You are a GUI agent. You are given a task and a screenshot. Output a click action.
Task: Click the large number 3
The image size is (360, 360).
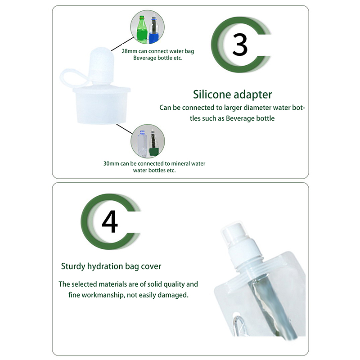tap(240, 45)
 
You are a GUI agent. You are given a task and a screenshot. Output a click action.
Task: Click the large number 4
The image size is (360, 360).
tap(110, 221)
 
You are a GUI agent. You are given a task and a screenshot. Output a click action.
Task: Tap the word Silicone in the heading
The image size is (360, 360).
tap(211, 94)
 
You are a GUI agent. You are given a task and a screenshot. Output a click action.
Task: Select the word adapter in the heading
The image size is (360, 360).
tap(253, 95)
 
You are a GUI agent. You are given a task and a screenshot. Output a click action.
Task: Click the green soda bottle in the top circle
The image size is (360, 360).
tap(142, 29)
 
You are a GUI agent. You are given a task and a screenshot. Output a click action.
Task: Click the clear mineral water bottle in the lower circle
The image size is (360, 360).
tap(142, 143)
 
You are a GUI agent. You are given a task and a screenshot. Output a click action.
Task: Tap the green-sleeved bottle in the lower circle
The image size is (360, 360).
tap(153, 143)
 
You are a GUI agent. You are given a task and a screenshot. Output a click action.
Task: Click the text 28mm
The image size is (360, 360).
tap(129, 51)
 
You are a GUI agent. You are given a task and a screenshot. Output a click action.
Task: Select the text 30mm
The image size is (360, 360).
tap(111, 164)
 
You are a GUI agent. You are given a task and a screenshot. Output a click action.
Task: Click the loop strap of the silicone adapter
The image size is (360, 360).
tap(73, 78)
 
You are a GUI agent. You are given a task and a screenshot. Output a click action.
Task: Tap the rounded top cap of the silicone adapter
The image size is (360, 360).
tap(101, 65)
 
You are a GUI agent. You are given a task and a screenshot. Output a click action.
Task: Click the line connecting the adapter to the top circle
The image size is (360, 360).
tap(122, 44)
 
